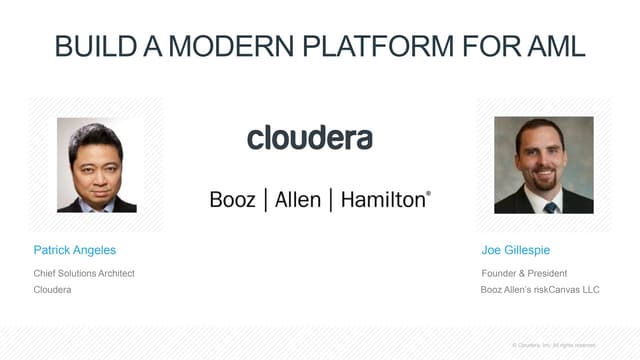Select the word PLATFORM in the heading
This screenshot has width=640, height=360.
(391, 47)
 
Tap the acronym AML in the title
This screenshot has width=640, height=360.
(551, 47)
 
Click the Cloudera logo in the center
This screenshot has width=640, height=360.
(310, 137)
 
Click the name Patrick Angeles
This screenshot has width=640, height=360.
(74, 249)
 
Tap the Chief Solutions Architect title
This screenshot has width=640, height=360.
(84, 273)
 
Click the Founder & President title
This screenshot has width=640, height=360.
(524, 273)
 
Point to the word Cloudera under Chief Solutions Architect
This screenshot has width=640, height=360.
(53, 290)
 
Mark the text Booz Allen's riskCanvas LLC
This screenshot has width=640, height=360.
(536, 290)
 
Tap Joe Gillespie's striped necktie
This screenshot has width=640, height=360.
(549, 205)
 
